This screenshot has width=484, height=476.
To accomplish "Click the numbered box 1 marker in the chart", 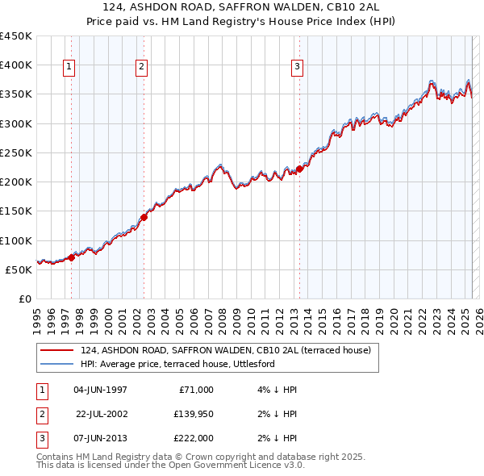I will [69, 67].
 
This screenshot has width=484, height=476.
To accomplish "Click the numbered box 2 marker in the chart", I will [141, 67].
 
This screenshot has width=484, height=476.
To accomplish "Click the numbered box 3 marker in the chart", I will [297, 67].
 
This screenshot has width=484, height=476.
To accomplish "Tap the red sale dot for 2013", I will [299, 169].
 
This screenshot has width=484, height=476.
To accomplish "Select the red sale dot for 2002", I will [144, 217].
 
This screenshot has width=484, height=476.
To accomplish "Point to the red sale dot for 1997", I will [71, 257].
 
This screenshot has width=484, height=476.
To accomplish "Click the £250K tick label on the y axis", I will [16, 152].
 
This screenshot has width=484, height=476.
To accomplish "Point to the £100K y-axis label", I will [16, 240].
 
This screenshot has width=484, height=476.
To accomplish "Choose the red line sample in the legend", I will [57, 351].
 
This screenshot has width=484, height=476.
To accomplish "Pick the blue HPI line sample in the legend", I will [57, 364].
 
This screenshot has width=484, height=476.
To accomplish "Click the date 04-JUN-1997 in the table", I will [100, 390].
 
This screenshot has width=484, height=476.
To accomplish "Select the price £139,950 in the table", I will [194, 414].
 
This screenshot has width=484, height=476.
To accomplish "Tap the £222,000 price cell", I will [194, 438].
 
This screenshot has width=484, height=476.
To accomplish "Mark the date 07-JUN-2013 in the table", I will [100, 438].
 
